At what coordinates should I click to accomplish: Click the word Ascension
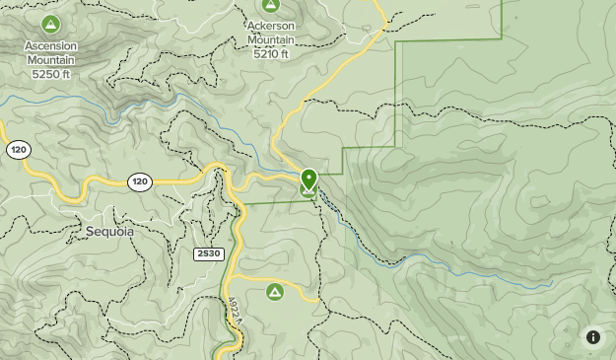tap(51, 46)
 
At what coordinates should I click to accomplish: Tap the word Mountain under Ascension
tap(51, 60)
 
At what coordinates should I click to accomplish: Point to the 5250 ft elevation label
tap(51, 73)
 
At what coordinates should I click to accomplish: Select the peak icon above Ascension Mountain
tap(51, 24)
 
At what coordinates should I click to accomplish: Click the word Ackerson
tap(270, 27)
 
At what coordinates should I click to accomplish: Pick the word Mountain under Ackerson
tap(270, 40)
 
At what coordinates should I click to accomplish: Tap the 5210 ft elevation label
tap(270, 54)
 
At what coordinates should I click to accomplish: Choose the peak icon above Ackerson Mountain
tap(270, 6)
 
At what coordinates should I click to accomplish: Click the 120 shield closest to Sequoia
tap(139, 181)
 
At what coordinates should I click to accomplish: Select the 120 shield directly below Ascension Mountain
tap(18, 150)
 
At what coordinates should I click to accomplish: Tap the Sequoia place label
tap(109, 232)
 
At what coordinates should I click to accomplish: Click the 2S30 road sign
tap(208, 254)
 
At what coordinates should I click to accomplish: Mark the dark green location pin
tap(308, 179)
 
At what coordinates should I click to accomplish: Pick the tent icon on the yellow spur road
tap(275, 292)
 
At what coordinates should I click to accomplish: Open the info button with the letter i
tap(593, 337)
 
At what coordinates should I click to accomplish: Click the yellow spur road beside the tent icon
tap(302, 293)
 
